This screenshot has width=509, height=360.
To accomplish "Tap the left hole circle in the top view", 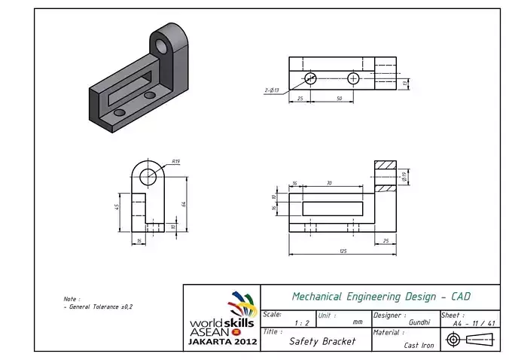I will point(311,78).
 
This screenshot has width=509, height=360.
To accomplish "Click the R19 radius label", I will point(175,161).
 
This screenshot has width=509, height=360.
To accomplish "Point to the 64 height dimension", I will point(184,203).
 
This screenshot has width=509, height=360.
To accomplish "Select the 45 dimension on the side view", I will point(117,207).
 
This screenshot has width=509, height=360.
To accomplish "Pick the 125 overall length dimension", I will point(343,251).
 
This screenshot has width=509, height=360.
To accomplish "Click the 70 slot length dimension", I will point(329,183).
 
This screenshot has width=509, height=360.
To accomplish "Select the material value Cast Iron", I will point(419,345).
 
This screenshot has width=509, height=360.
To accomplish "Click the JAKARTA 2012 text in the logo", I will point(222,341).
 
